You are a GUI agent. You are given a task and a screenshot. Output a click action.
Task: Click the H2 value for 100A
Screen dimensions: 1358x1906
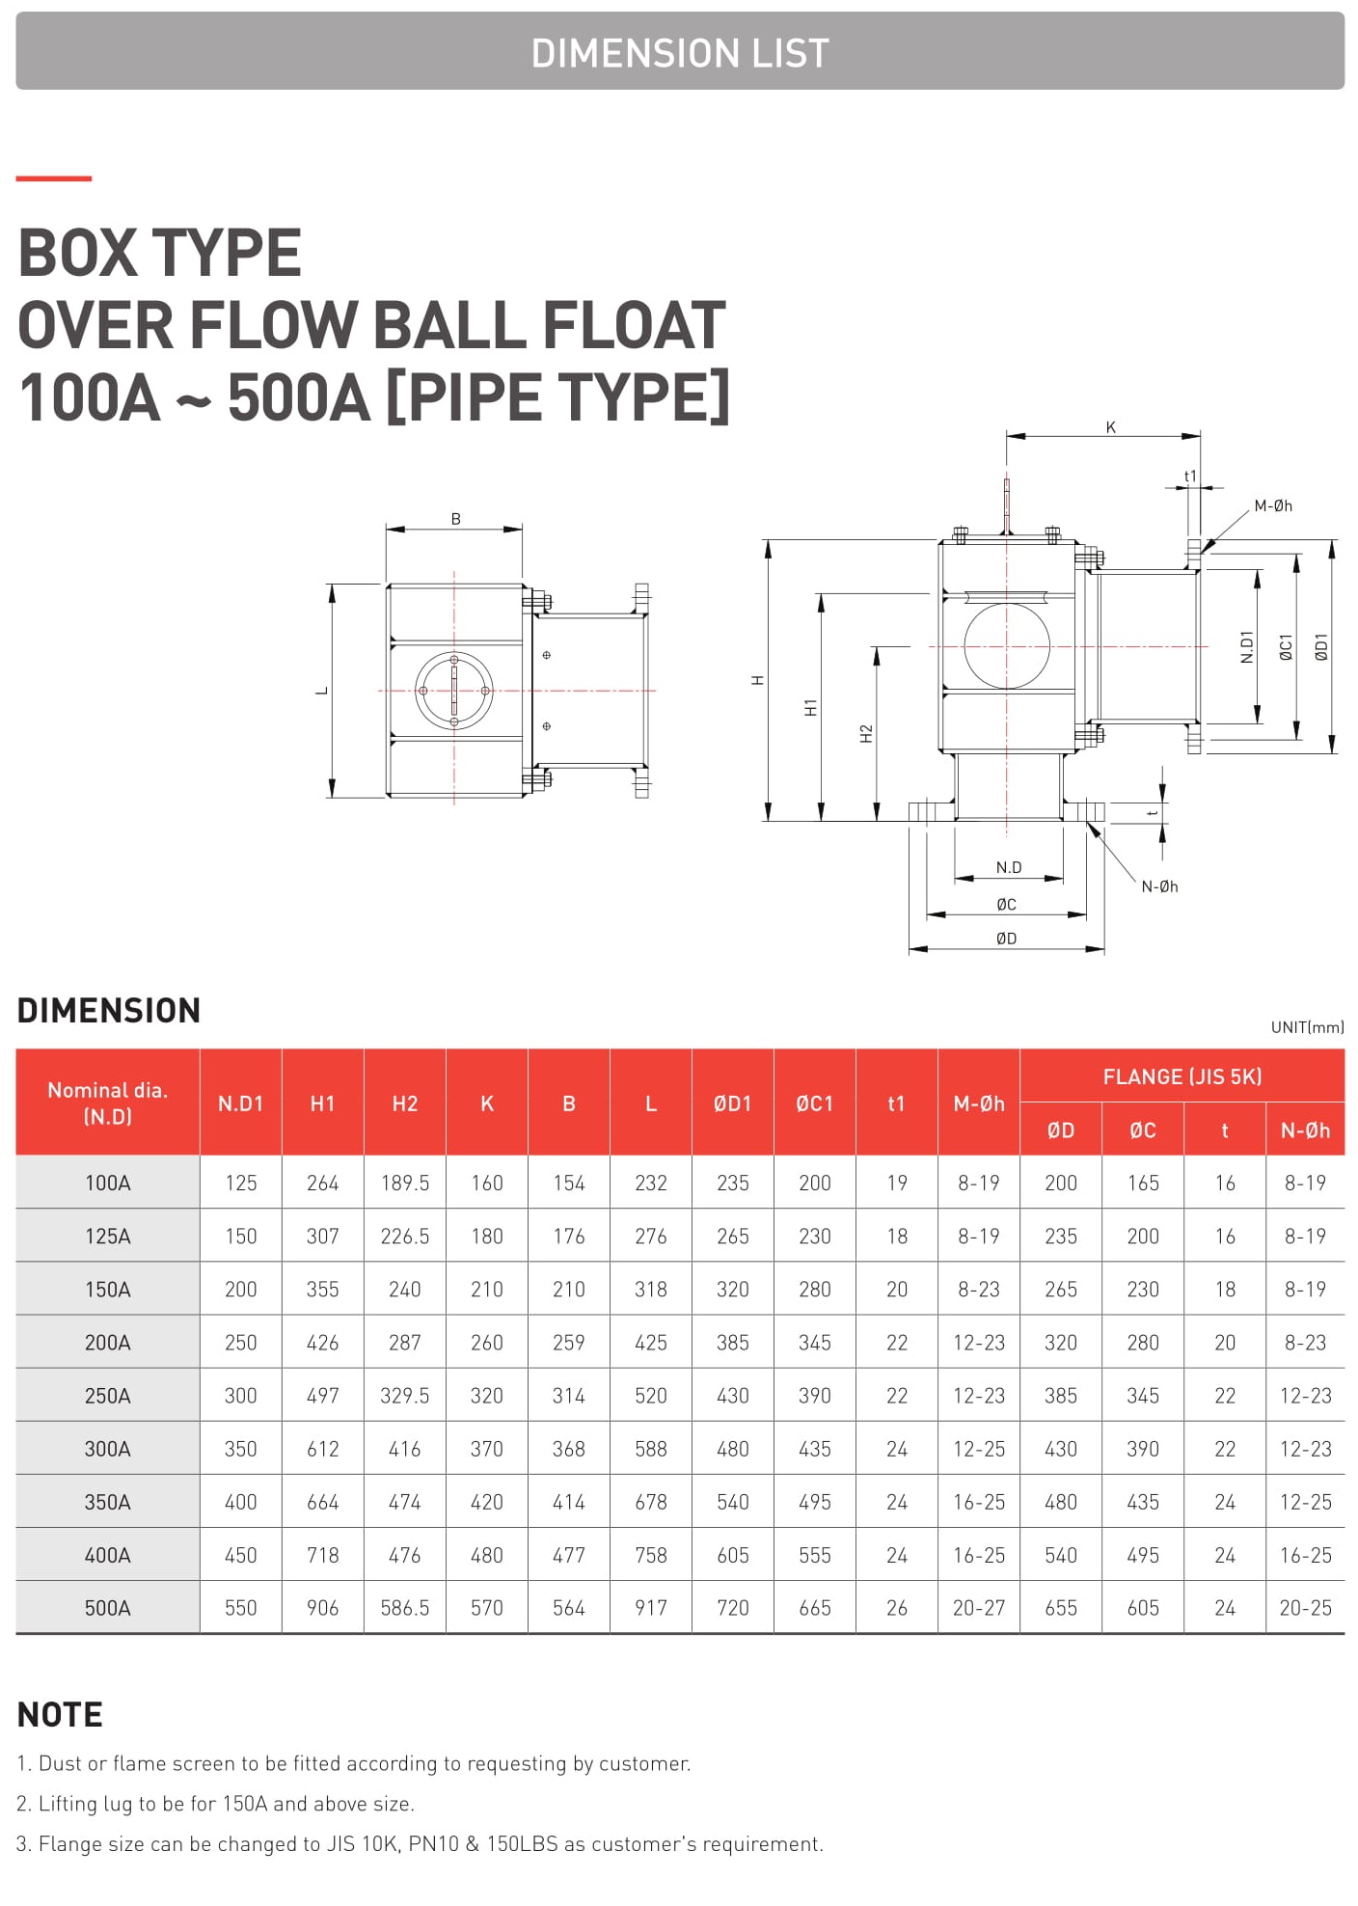[x=405, y=1183]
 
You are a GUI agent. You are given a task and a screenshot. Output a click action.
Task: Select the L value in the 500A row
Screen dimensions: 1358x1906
[x=651, y=1608]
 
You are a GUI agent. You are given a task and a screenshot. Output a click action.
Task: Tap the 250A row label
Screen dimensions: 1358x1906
[x=108, y=1396]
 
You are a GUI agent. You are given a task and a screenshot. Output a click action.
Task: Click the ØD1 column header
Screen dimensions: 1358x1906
[x=733, y=1103]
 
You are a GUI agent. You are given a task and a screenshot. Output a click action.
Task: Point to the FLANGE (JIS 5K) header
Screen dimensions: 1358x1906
[x=1182, y=1076]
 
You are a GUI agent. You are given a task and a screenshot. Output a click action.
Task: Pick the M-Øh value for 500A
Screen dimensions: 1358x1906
[x=979, y=1608]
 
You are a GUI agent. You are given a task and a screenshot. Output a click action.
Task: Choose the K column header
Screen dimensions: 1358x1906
[x=487, y=1103]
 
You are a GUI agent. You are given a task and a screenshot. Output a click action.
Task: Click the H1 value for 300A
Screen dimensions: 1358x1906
[x=323, y=1449]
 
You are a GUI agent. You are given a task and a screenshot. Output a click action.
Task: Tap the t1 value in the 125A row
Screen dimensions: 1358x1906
[x=897, y=1236]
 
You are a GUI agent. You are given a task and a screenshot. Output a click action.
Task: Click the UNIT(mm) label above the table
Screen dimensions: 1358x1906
[x=1307, y=1027]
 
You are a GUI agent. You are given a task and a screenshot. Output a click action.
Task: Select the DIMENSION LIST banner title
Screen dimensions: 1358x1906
[x=680, y=53]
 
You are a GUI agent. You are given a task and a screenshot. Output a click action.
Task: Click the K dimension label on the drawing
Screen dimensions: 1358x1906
[x=1111, y=427]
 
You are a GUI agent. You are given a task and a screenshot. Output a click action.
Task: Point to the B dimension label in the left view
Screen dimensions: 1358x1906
[x=456, y=519]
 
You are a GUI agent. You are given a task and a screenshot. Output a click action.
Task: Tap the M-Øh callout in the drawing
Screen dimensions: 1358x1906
[x=1273, y=505]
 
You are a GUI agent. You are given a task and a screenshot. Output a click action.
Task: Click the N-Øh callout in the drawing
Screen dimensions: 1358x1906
[x=1159, y=886]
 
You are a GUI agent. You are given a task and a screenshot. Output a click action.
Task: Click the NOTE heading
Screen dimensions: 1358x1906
[x=60, y=1714]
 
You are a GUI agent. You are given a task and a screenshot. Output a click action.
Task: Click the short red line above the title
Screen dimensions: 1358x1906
[x=54, y=178]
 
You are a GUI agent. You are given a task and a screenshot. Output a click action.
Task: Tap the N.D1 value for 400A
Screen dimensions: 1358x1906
[x=241, y=1555]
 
